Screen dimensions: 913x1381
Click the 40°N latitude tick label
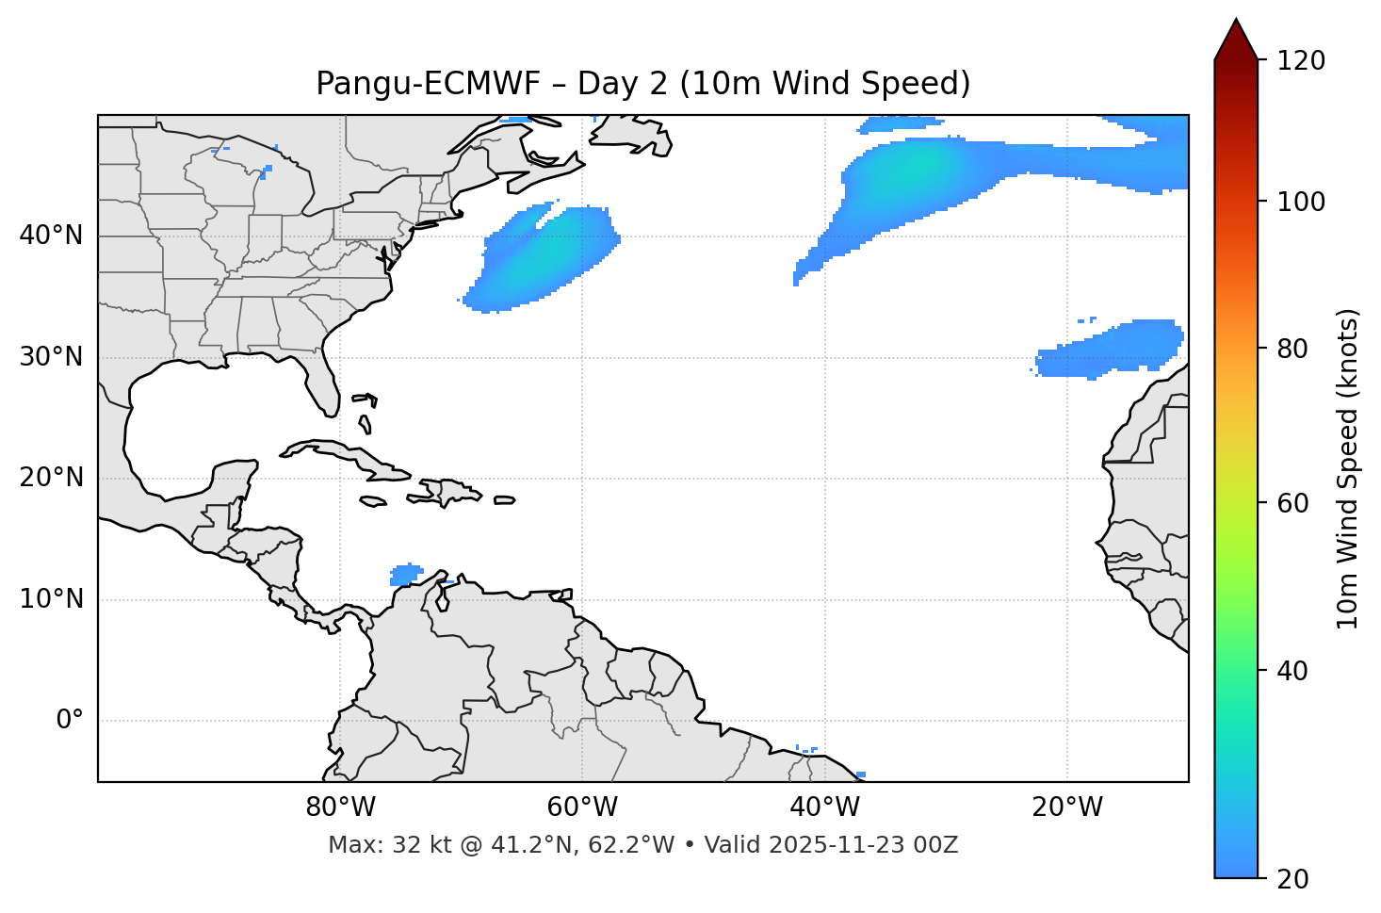pyautogui.click(x=51, y=236)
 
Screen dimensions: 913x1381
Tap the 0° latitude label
pyautogui.click(x=70, y=721)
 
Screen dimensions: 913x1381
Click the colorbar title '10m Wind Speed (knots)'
pyautogui.click(x=1348, y=468)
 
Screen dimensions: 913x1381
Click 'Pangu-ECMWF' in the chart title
pyautogui.click(x=429, y=84)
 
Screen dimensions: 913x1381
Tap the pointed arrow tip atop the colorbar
pyautogui.click(x=1235, y=23)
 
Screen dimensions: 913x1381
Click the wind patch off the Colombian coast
pyautogui.click(x=406, y=574)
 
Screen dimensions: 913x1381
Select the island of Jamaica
pyautogui.click(x=373, y=501)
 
